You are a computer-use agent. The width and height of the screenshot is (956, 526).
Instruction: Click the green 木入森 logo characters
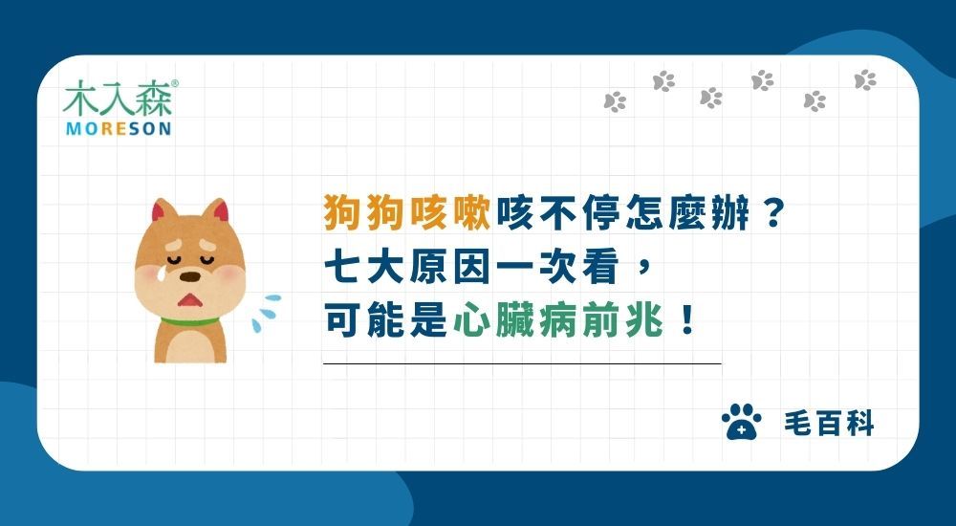[x=118, y=99]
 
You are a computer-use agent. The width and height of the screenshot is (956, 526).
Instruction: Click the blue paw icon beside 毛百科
[x=741, y=422]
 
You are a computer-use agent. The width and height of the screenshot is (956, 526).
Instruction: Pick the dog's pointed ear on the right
[x=222, y=212]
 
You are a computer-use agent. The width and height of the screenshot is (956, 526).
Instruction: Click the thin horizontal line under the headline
[x=522, y=364]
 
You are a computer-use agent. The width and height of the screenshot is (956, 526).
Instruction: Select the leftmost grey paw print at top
[x=615, y=100]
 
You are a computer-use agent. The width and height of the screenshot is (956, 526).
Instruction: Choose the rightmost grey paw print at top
[x=865, y=80]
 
